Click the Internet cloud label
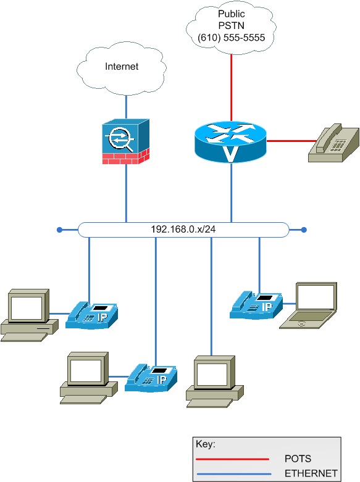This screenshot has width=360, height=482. point(122,67)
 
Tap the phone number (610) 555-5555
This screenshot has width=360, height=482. point(232,38)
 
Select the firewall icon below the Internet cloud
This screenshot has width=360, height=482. point(126,141)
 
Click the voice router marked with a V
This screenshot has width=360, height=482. point(230,142)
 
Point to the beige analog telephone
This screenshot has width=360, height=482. point(334,143)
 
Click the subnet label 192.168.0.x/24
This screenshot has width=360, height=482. point(183,230)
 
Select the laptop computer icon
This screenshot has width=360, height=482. point(308,305)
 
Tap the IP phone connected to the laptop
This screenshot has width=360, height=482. point(256,305)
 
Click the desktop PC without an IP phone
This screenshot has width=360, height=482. point(215,382)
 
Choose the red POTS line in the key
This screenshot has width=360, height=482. point(233,459)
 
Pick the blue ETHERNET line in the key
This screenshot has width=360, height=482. point(234,474)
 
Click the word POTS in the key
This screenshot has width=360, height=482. point(298,459)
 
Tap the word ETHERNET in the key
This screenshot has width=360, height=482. point(311,473)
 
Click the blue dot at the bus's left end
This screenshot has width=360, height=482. point(60,230)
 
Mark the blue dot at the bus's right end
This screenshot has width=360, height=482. point(304,230)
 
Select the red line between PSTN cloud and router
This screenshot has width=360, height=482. point(232,88)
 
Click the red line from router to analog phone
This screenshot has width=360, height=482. point(291,141)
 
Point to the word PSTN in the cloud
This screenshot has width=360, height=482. point(232,25)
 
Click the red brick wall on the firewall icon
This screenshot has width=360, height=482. point(126,157)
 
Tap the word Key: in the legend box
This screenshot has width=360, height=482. point(206,444)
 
